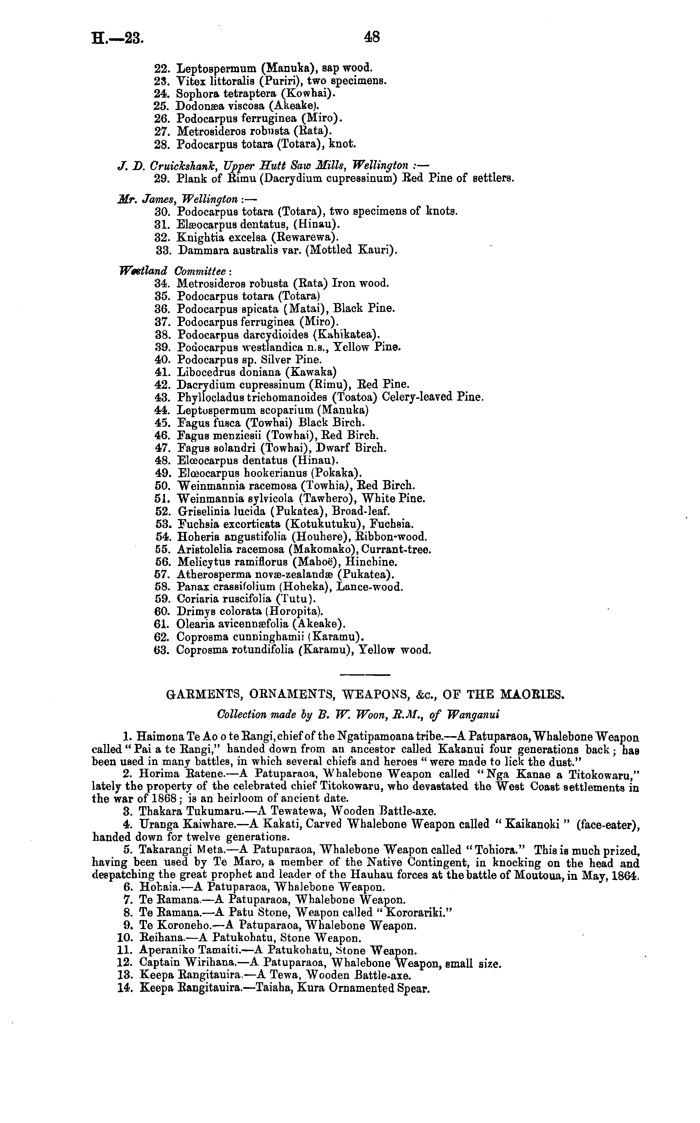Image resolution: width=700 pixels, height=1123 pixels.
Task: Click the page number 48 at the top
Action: [372, 37]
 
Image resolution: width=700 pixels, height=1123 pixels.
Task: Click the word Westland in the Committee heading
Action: [143, 270]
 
